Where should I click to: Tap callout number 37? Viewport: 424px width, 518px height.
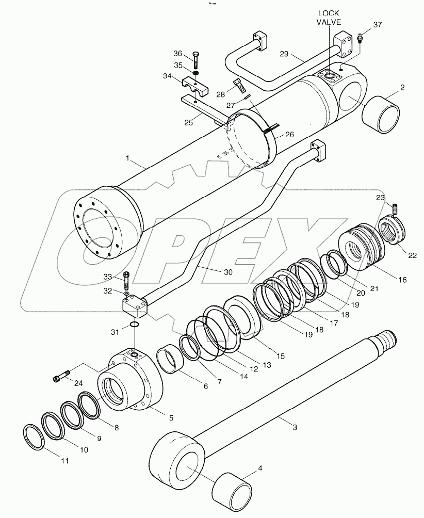click(378, 25)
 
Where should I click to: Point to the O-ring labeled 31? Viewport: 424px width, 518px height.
click(134, 325)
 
